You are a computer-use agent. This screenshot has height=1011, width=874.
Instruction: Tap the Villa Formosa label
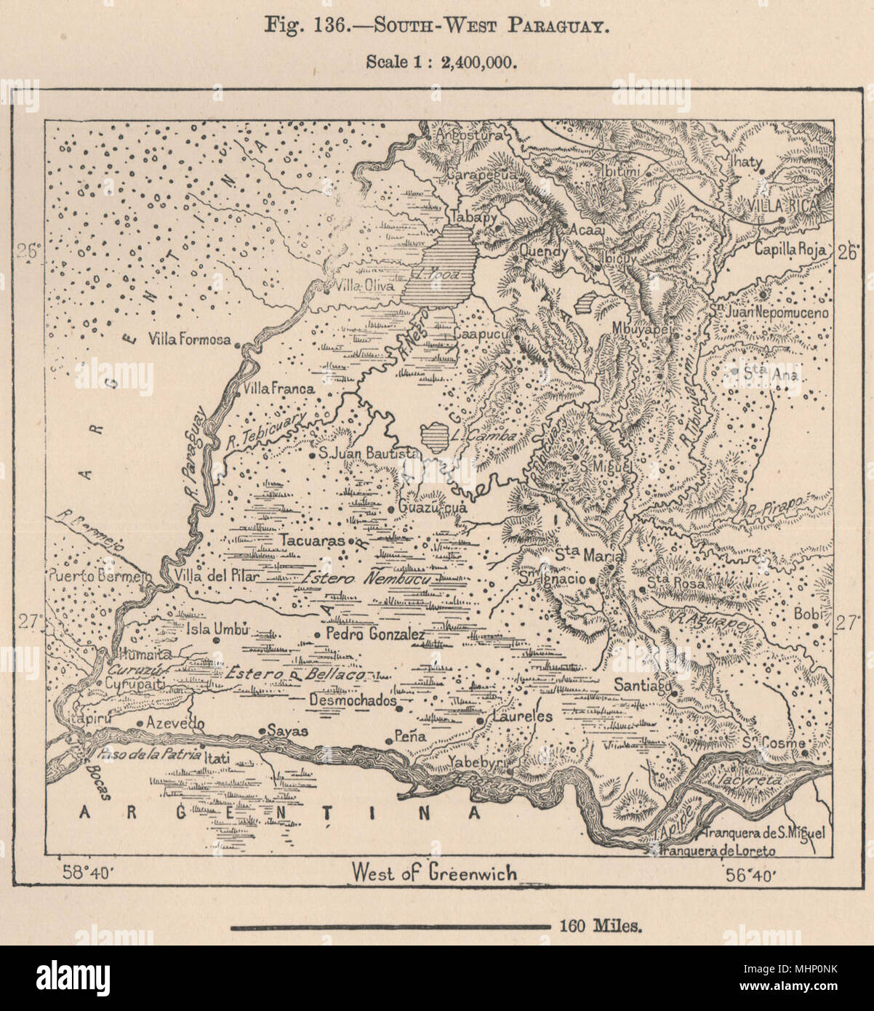(x=189, y=339)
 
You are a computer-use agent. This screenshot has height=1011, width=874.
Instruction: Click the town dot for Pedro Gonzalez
(x=317, y=635)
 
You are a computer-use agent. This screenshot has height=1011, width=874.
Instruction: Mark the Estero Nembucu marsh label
(x=367, y=579)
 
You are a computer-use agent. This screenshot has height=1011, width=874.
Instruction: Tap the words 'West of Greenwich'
(x=434, y=871)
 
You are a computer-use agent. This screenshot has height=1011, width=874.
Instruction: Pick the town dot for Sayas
(x=262, y=731)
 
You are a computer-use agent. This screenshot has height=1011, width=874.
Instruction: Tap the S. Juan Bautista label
(x=371, y=454)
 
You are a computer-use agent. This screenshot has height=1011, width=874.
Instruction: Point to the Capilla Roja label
(x=790, y=249)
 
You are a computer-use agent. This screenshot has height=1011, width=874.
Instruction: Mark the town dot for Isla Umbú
(x=217, y=640)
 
